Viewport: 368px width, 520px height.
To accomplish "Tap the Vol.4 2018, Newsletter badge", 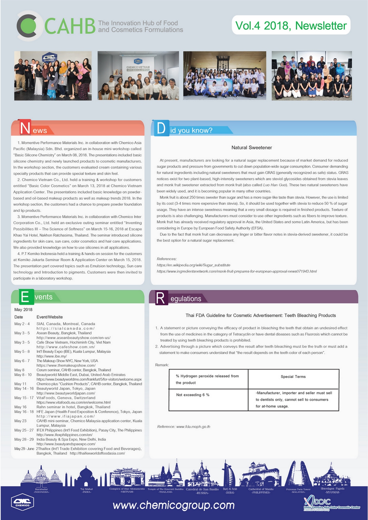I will tap(291, 25).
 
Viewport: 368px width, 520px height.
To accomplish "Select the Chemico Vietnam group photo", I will tap(138, 76).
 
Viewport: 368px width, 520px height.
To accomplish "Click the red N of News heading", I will tap(25, 128).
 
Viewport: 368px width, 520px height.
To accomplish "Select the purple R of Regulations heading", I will tap(160, 298).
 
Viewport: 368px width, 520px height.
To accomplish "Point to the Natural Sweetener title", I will tap(252, 148).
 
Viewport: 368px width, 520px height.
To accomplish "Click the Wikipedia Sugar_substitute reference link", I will tap(193, 265).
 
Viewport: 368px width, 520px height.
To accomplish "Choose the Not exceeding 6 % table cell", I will tap(193, 395).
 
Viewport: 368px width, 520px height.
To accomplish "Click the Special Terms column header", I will tap(293, 377).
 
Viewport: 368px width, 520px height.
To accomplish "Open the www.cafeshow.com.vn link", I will tap(66, 347).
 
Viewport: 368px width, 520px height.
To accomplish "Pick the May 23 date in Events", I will tap(20, 421).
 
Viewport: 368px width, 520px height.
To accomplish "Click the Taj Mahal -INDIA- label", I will tap(86, 490).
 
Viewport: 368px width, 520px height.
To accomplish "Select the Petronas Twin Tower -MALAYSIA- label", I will tap(298, 490).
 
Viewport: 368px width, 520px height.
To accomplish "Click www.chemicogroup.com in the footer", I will tap(174, 505).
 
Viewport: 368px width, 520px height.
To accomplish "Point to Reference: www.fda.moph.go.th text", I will tap(184, 427).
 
